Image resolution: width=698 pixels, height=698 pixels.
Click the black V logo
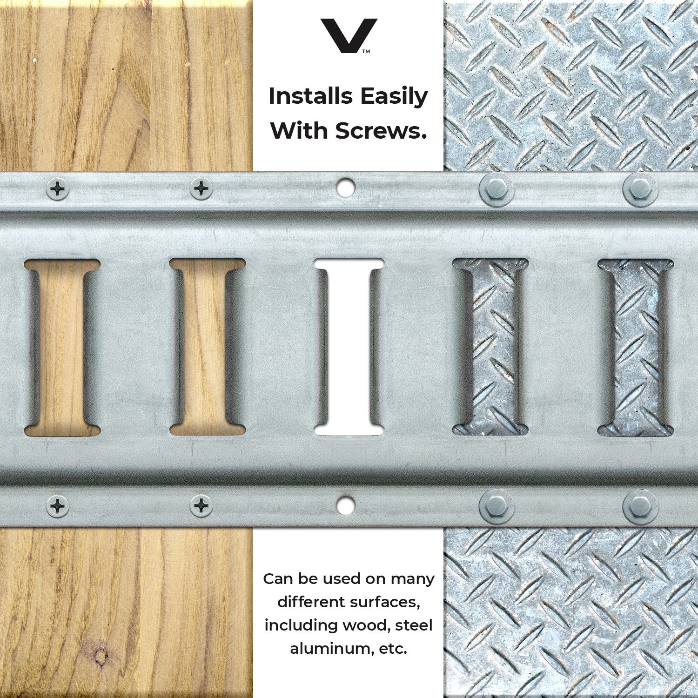(349, 35)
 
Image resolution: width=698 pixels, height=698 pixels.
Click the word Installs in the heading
(310, 96)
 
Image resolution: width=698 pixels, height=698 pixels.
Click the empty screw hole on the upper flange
(345, 187)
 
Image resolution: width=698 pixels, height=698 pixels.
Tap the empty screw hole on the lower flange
(345, 506)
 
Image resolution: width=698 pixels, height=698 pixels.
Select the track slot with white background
(349, 347)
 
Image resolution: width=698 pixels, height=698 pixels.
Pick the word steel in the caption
(414, 625)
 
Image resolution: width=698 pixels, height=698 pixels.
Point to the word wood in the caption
(365, 625)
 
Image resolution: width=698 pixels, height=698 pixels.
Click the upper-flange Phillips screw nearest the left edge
(58, 189)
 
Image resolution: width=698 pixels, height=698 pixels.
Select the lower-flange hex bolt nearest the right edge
(640, 506)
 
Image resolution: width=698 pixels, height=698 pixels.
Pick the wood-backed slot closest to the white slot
(207, 347)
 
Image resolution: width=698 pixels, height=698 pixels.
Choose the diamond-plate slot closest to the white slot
(490, 347)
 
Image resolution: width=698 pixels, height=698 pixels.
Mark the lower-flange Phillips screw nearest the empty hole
(201, 506)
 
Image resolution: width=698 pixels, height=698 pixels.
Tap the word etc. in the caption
(393, 649)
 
